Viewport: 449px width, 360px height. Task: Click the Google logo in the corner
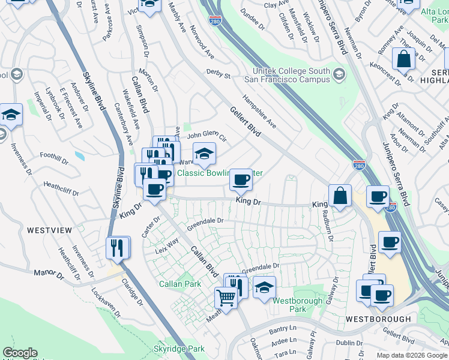pyautogui.click(x=20, y=353)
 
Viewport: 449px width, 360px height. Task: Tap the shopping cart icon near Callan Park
pyautogui.click(x=226, y=296)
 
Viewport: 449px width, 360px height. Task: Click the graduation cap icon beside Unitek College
pyautogui.click(x=339, y=75)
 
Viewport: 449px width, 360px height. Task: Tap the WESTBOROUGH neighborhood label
pyautogui.click(x=378, y=319)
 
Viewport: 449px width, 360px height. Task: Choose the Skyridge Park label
pyautogui.click(x=178, y=349)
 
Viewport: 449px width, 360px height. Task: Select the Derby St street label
pyautogui.click(x=218, y=74)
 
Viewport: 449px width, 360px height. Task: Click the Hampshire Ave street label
pyautogui.click(x=259, y=111)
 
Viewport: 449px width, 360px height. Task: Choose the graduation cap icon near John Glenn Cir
pyautogui.click(x=204, y=154)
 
